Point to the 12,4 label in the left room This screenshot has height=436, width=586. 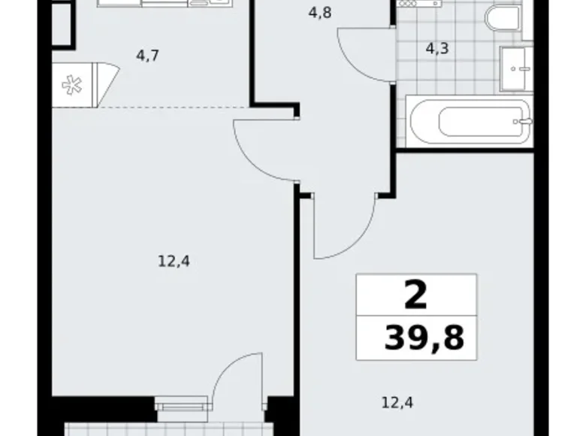coord(173,262)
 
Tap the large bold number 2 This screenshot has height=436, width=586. coord(415,294)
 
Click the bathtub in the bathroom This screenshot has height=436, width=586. coord(470,121)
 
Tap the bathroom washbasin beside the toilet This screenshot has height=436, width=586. coord(517,69)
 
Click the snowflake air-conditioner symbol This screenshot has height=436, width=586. coord(73,85)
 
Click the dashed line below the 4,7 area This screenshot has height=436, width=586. coord(150,107)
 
